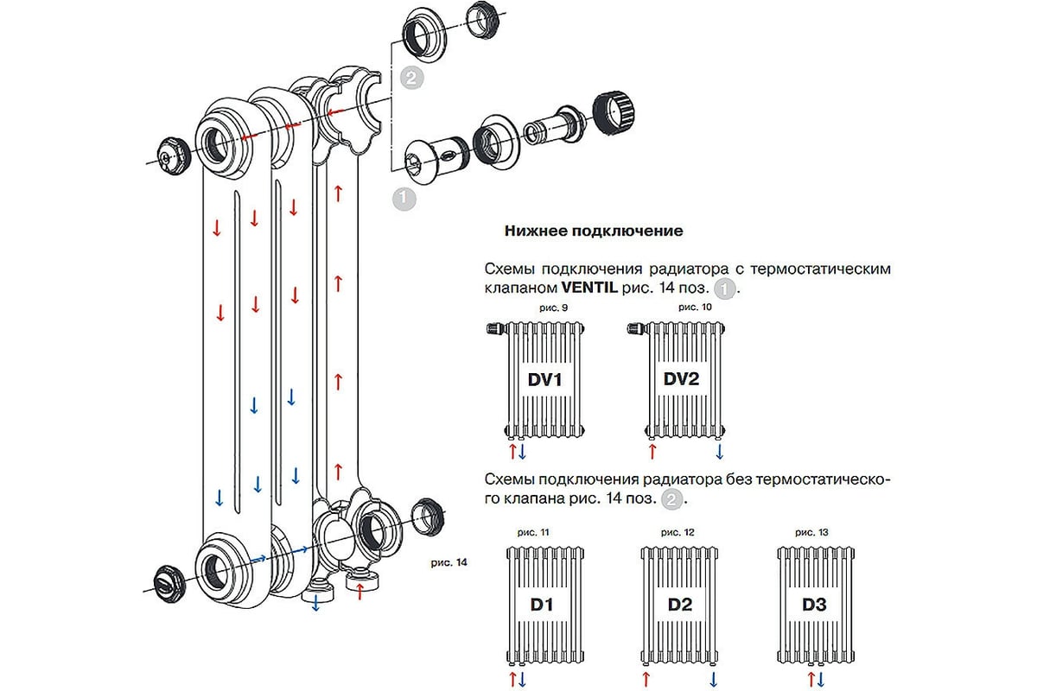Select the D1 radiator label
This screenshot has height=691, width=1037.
coord(542,605)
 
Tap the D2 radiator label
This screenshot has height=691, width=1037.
coord(680,605)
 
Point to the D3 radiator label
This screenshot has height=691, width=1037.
coord(814,605)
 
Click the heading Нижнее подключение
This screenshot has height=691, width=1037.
coord(592,231)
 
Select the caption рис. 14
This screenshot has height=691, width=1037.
coord(448,562)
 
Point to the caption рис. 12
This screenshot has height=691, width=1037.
coord(678,533)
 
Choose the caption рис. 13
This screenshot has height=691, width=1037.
coord(811,533)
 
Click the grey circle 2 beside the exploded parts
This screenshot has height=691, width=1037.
coord(413,79)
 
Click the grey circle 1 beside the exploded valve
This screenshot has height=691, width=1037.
coord(404,198)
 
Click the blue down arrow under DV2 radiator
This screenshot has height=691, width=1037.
coord(719,452)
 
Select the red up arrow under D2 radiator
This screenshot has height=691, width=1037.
coord(646,678)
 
